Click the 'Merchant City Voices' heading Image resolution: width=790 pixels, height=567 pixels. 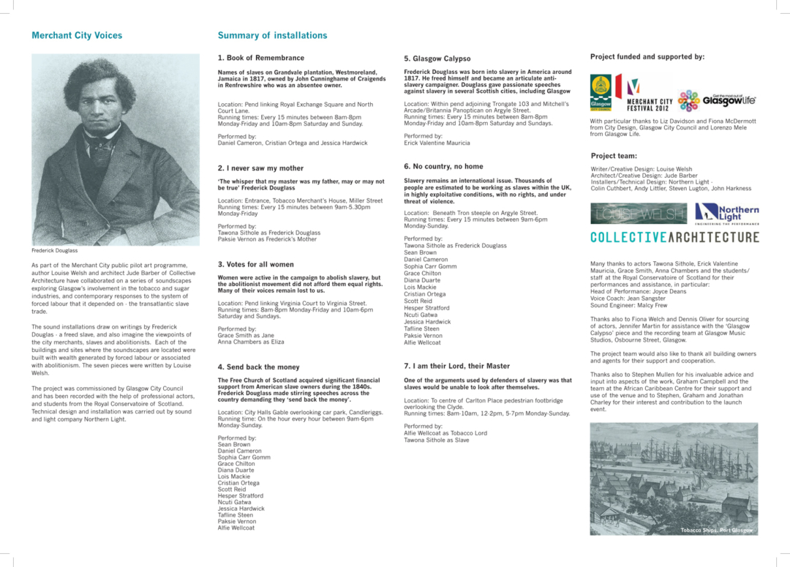point(77,35)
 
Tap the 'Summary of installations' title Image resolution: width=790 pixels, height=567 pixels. point(272,35)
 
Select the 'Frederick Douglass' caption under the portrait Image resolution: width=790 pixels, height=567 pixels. point(54,250)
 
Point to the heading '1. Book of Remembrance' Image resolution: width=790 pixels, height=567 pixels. point(260,58)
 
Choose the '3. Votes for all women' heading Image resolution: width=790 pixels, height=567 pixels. point(255,264)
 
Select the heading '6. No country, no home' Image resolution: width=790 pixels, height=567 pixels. point(443,166)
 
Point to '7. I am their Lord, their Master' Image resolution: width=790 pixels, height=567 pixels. point(456,366)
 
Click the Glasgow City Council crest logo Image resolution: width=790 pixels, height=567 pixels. point(601,92)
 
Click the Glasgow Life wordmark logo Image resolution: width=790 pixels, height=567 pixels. point(729,99)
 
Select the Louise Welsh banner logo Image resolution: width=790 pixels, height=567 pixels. point(638,214)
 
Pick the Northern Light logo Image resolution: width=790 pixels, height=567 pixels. point(726,212)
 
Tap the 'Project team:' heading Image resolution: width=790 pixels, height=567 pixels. point(614,156)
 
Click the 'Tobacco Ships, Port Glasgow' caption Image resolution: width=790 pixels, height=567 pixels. point(715,530)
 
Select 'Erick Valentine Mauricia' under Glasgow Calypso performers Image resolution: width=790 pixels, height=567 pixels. point(437,143)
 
